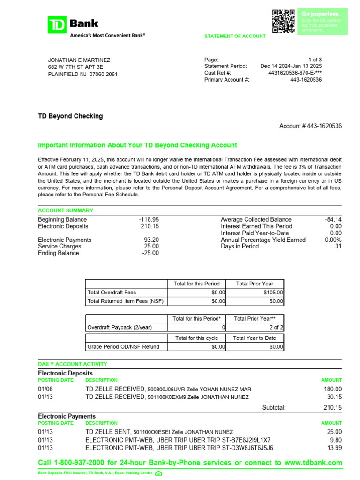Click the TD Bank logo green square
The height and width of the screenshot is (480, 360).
click(x=57, y=24)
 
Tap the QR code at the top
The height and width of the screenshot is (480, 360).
click(x=284, y=21)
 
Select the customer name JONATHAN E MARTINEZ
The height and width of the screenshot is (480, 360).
click(x=79, y=60)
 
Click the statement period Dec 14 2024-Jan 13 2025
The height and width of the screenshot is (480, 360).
click(x=291, y=66)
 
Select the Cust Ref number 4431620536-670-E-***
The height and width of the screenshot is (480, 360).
click(x=295, y=73)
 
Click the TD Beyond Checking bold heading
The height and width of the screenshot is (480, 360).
click(x=70, y=116)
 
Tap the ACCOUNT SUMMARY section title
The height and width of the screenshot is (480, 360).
click(x=65, y=210)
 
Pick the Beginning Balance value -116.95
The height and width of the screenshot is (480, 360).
click(x=149, y=219)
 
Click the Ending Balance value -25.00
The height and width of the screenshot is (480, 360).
click(x=150, y=253)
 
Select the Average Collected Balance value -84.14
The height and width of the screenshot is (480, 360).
click(x=333, y=219)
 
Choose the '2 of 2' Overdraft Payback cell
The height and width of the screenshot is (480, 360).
click(x=277, y=327)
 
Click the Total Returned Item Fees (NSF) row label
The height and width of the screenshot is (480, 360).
click(x=125, y=301)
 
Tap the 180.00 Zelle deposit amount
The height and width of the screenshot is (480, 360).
click(x=332, y=389)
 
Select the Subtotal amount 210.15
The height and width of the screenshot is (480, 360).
click(x=332, y=408)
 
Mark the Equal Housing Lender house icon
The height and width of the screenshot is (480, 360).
click(x=158, y=473)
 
